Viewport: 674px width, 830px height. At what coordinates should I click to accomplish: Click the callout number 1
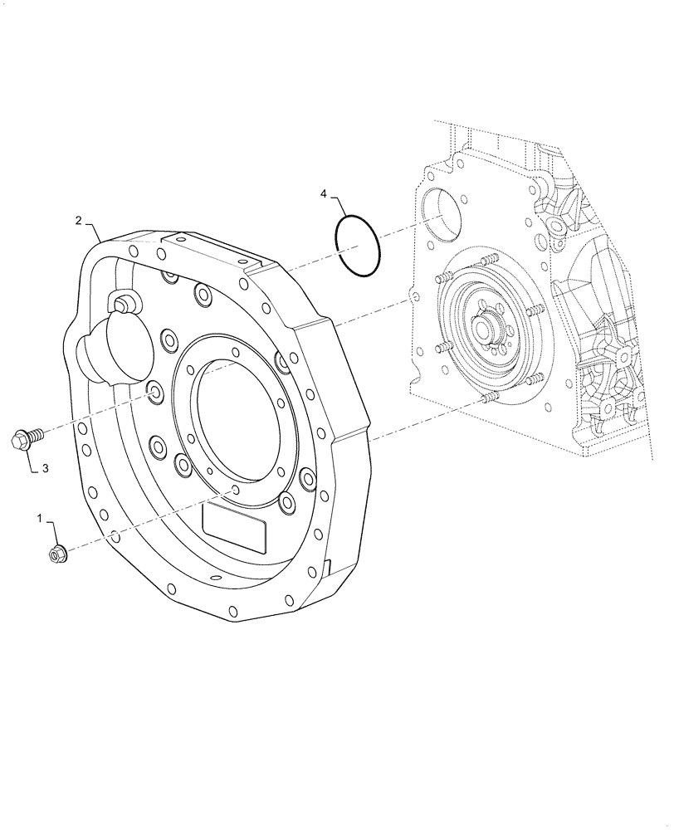pos(38,518)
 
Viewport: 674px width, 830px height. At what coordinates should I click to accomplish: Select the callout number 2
pos(78,220)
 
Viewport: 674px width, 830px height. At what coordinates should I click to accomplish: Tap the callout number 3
pos(46,468)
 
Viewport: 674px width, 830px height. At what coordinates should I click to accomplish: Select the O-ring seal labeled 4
pos(358,247)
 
